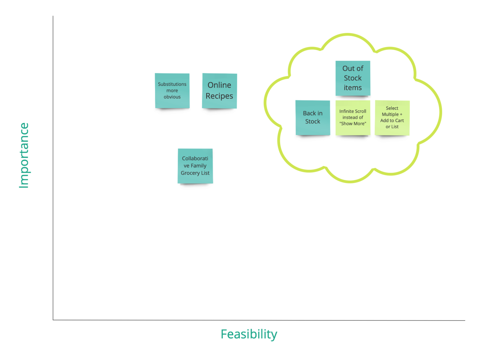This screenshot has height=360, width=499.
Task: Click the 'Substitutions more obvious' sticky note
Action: pyautogui.click(x=172, y=90)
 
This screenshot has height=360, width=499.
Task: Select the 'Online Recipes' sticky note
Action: pyautogui.click(x=219, y=90)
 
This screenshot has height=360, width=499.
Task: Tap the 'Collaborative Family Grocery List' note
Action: pyautogui.click(x=195, y=166)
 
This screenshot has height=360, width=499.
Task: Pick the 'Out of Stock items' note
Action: pyautogui.click(x=353, y=78)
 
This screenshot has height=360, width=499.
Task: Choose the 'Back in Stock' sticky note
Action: pyautogui.click(x=313, y=117)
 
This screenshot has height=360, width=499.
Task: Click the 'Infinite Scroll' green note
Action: pyautogui.click(x=353, y=117)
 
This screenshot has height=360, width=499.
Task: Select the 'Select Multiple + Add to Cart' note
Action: pyautogui.click(x=392, y=117)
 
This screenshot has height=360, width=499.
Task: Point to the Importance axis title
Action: pyautogui.click(x=24, y=155)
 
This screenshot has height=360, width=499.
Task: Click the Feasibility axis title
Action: pyautogui.click(x=249, y=334)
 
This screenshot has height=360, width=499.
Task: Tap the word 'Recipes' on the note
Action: pyautogui.click(x=219, y=96)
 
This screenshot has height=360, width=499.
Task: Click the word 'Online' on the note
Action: pyautogui.click(x=219, y=85)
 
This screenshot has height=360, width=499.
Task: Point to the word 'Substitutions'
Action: pyautogui.click(x=172, y=84)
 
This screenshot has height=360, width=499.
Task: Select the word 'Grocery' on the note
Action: pyautogui.click(x=190, y=173)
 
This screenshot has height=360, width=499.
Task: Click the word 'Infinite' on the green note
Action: pyautogui.click(x=346, y=111)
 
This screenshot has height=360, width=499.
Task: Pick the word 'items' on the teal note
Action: pyautogui.click(x=353, y=88)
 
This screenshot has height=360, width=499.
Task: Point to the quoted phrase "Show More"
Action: pyautogui.click(x=353, y=123)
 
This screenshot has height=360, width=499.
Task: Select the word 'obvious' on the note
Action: pyautogui.click(x=172, y=97)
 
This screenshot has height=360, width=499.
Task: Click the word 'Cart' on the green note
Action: pyautogui.click(x=399, y=120)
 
